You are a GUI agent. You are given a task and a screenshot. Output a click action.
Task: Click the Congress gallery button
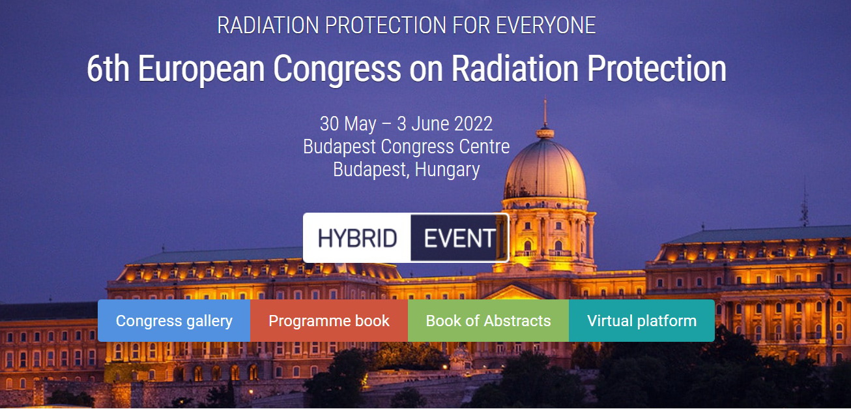(174, 320)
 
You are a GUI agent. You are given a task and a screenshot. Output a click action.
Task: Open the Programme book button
(329, 320)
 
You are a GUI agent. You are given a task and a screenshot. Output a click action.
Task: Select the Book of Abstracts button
(488, 320)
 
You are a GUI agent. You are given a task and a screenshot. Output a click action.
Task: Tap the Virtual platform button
(642, 320)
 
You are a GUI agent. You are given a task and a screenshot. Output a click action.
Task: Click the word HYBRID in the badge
(358, 238)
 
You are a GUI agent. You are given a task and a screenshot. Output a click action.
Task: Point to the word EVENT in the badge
(459, 238)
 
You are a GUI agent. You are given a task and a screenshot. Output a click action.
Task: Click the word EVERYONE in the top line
(545, 25)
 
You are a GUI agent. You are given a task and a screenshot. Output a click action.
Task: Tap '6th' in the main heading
(108, 68)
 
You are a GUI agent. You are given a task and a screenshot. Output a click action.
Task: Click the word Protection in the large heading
(657, 68)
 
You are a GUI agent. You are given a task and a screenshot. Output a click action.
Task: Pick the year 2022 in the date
(473, 124)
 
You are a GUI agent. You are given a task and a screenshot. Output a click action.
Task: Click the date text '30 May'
(348, 124)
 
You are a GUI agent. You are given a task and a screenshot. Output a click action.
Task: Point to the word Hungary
(447, 170)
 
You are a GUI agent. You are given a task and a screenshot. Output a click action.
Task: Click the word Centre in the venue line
(484, 147)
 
